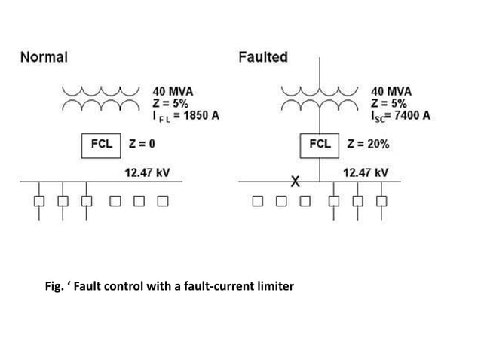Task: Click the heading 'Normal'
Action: pos(44,57)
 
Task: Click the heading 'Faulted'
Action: pos(263,57)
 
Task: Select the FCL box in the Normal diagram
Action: pos(102,143)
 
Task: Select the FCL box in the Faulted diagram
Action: pos(320,143)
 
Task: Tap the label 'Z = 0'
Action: pos(142,143)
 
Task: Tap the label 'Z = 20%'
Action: pos(367,143)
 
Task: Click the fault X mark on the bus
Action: pos(296,182)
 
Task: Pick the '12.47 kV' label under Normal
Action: pos(147,172)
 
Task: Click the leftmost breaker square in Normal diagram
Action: pos(38,201)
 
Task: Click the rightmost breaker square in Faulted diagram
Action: pos(381,201)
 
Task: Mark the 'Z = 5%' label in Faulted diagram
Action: pos(389,103)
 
